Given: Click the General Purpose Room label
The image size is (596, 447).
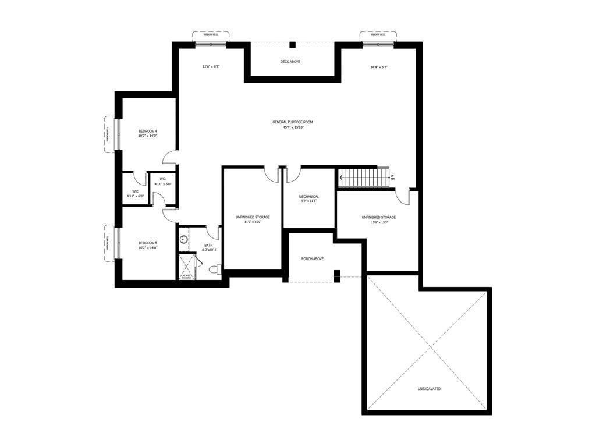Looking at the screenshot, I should pos(293,122).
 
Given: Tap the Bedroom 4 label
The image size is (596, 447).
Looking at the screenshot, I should pos(148,132).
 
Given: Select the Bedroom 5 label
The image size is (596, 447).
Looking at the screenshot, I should pos(148,243).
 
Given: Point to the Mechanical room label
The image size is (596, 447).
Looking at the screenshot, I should pos(309,197).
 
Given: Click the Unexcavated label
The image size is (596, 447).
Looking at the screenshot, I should pos(429,388).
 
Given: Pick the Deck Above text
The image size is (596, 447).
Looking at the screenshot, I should pos(290,61).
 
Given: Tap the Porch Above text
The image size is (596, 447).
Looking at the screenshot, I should pos(313,258).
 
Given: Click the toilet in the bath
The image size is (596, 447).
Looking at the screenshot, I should pos(214,269).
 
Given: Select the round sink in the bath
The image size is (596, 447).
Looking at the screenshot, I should pos(183,238).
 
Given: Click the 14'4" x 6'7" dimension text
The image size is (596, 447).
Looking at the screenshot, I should pos(379,67).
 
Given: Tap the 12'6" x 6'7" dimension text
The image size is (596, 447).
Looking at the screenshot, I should pos(211,67).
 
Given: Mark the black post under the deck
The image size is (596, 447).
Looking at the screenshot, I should pos(293,45).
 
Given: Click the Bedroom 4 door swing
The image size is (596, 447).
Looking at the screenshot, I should pos(171,157).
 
